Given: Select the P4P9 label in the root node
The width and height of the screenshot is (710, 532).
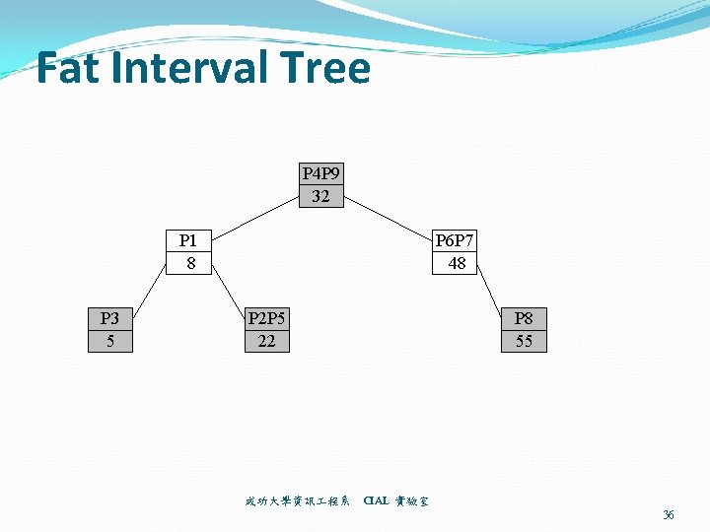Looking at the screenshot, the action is click(x=320, y=173).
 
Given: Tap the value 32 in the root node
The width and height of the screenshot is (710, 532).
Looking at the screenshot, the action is click(x=320, y=196).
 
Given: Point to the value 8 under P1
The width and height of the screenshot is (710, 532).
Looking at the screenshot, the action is click(x=190, y=263).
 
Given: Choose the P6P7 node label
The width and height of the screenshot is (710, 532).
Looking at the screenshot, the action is click(x=457, y=240).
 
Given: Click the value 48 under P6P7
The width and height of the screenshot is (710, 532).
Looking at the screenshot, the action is click(x=457, y=263).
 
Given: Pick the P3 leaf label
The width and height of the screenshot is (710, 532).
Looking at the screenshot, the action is click(x=109, y=318).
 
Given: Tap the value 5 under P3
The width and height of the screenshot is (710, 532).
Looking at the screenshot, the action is click(x=109, y=341).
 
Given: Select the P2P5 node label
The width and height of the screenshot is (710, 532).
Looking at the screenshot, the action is click(x=266, y=318).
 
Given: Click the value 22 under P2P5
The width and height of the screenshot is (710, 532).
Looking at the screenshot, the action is click(x=266, y=341).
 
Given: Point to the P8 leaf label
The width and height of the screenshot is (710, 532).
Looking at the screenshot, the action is click(x=524, y=318).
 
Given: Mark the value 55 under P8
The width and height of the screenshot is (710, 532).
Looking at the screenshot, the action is click(x=524, y=341).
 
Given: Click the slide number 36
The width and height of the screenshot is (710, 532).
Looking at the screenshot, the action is click(x=669, y=514).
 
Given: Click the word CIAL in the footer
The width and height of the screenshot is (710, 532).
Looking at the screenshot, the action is click(x=376, y=501).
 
